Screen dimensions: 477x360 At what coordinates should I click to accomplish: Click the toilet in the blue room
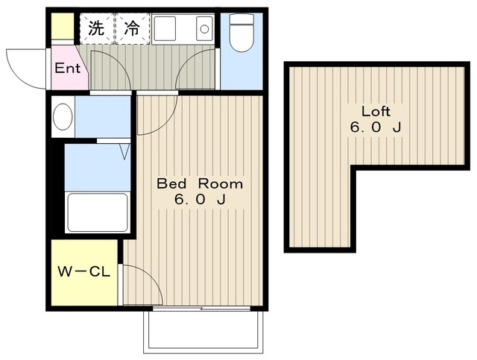pos(241,33)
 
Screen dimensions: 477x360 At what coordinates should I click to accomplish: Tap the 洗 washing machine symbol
pos(97,28)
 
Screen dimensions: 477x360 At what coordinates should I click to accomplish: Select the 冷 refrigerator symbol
pos(133,28)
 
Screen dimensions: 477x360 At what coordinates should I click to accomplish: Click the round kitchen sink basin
pos(204,29)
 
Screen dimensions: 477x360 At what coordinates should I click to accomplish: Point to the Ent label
pos(68,68)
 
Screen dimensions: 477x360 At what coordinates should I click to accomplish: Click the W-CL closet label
pos(84,272)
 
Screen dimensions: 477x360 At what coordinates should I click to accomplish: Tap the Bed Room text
pos(200,184)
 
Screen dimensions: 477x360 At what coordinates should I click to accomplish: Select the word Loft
pos(376,111)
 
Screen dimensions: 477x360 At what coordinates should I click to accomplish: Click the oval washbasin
pos(63,117)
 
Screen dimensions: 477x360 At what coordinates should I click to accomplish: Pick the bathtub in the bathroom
pos(98,212)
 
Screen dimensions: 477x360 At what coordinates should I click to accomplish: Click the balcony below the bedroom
pos(203,332)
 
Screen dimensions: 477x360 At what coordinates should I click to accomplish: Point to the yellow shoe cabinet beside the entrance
pos(63,26)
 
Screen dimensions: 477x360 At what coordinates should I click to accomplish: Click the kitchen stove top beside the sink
pos(164,28)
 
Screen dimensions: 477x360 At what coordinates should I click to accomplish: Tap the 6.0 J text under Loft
pos(376,127)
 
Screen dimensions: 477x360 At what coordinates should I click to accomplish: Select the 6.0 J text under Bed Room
pos(200,199)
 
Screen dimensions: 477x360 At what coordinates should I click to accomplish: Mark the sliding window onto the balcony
pos(201,309)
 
